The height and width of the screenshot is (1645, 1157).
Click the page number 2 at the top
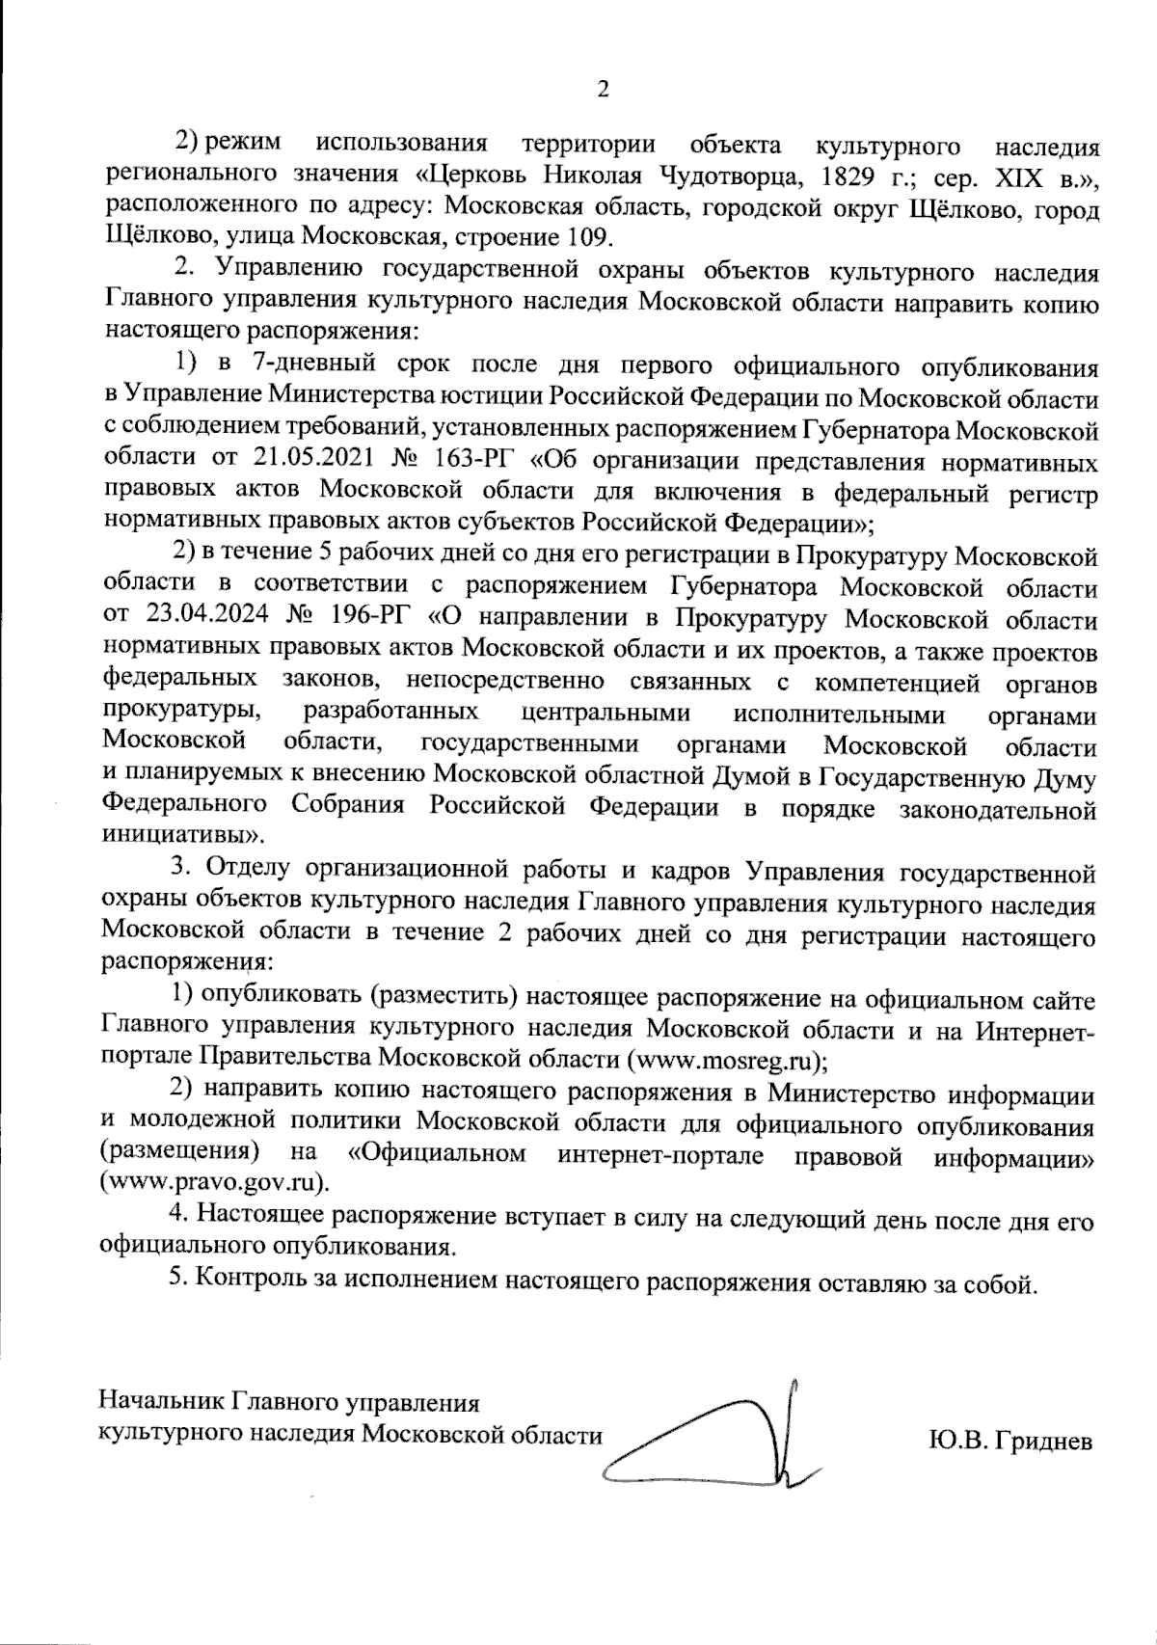coord(604,90)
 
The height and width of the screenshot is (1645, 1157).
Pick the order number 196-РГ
coord(374,616)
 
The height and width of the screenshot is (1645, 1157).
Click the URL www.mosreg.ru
coord(725,1059)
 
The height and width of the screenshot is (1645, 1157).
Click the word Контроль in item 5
coord(260,1282)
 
